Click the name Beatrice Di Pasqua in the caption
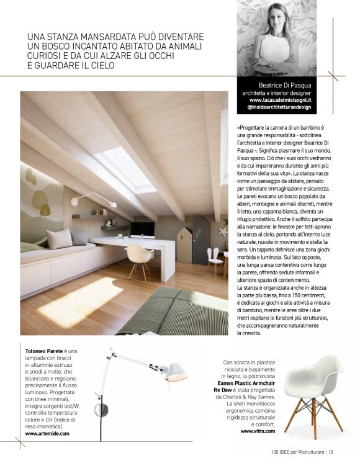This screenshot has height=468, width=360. click(285, 85)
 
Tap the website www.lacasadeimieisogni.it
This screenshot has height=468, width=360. click(280, 99)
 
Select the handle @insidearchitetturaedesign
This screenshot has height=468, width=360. click(279, 107)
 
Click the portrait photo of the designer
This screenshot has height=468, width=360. click(277, 38)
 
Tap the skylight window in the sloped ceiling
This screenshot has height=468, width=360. click(127, 168)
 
